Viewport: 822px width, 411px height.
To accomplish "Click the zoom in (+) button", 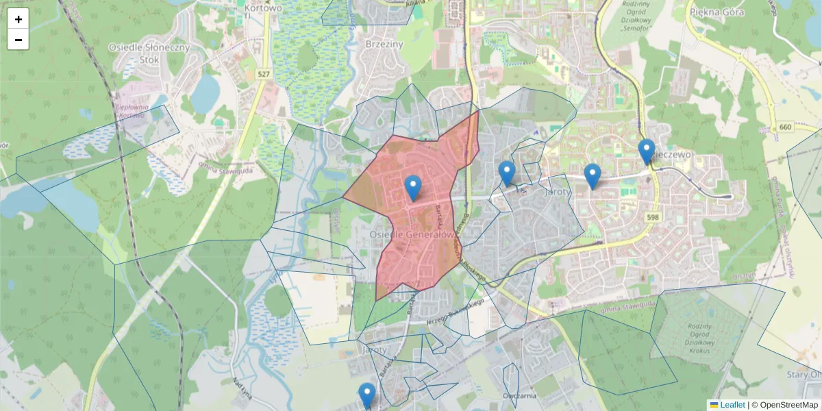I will click(x=18, y=19).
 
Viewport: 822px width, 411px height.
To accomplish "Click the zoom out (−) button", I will click(x=18, y=40).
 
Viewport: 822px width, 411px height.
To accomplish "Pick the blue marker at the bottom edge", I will click(x=367, y=395).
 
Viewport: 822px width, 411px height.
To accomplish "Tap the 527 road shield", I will click(x=264, y=73).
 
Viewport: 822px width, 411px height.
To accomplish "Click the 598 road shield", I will click(x=652, y=217).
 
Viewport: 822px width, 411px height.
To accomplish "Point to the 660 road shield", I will click(x=785, y=129).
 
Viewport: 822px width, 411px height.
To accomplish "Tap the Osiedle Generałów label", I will click(x=412, y=234).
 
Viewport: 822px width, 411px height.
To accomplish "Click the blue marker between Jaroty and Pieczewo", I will click(x=593, y=176).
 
